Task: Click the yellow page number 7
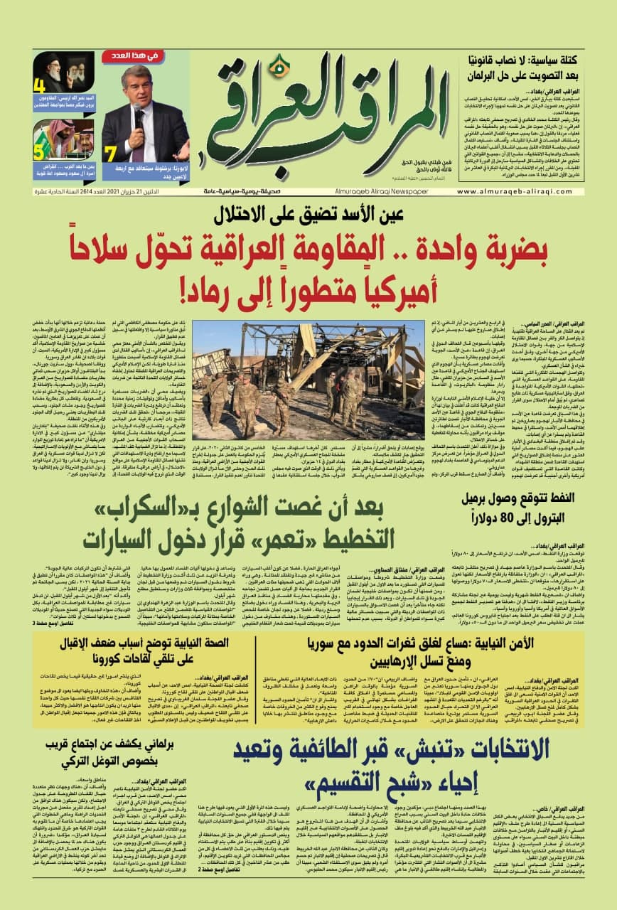110,152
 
